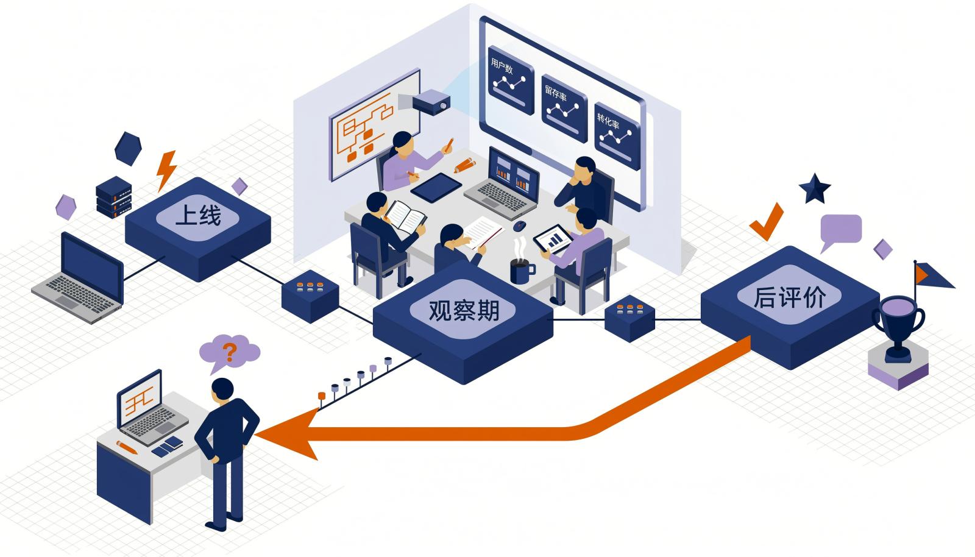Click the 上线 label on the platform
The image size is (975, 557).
tap(198, 215)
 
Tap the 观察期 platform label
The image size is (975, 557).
tap(464, 310)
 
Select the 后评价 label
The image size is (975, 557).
tap(789, 297)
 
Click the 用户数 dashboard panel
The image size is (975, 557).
tap(511, 80)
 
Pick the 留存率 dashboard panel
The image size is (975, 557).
tap(564, 108)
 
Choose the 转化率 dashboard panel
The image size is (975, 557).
tap(617, 137)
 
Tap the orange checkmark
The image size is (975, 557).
tap(767, 222)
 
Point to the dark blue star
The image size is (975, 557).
tap(815, 188)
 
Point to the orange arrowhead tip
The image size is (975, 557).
tap(255, 435)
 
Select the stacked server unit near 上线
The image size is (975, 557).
tap(113, 197)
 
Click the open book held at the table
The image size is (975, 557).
tap(405, 217)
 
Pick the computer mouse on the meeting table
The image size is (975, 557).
tap(519, 225)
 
